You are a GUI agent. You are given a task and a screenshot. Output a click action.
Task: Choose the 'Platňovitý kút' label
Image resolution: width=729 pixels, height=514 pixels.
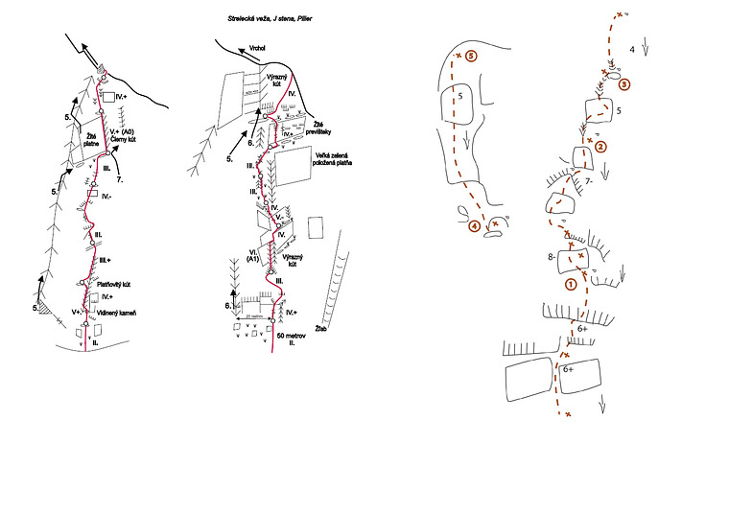94,284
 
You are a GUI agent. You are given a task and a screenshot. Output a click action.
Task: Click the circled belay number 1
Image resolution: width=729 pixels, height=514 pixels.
570,284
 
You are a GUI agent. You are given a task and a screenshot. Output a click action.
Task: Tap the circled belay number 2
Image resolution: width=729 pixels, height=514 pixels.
600,147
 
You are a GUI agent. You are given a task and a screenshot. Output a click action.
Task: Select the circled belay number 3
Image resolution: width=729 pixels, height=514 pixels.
624,84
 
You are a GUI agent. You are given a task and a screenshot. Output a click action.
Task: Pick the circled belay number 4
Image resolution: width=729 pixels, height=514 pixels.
474,226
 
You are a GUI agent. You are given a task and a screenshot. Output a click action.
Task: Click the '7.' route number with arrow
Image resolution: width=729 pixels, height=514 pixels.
121,178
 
